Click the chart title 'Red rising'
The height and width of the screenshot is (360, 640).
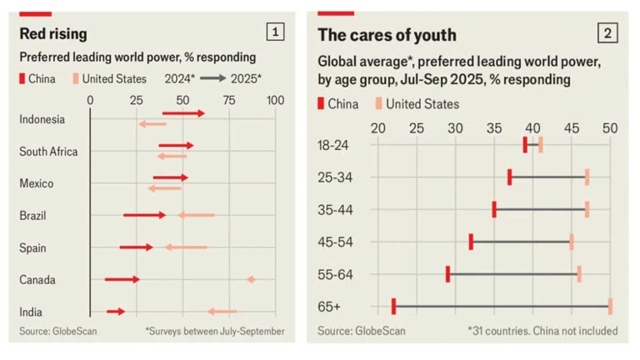tap(53, 34)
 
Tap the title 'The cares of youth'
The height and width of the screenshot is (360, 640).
tap(387, 34)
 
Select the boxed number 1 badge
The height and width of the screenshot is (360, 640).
tap(276, 32)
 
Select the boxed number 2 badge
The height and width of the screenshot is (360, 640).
tap(608, 33)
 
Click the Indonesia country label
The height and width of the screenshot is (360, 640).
tap(42, 119)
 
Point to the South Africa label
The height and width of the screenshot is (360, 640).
tap(48, 152)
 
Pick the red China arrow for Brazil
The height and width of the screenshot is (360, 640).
tap(144, 215)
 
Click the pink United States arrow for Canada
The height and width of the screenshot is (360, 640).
tap(250, 279)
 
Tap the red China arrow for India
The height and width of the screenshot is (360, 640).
tap(116, 311)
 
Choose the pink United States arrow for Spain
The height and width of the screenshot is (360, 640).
tap(185, 247)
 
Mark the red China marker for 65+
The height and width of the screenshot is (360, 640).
tap(393, 306)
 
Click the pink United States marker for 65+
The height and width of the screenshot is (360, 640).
tap(610, 306)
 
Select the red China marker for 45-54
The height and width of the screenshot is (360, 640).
tap(471, 242)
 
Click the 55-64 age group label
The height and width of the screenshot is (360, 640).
tap(335, 274)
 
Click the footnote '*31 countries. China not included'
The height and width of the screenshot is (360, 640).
tap(542, 330)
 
